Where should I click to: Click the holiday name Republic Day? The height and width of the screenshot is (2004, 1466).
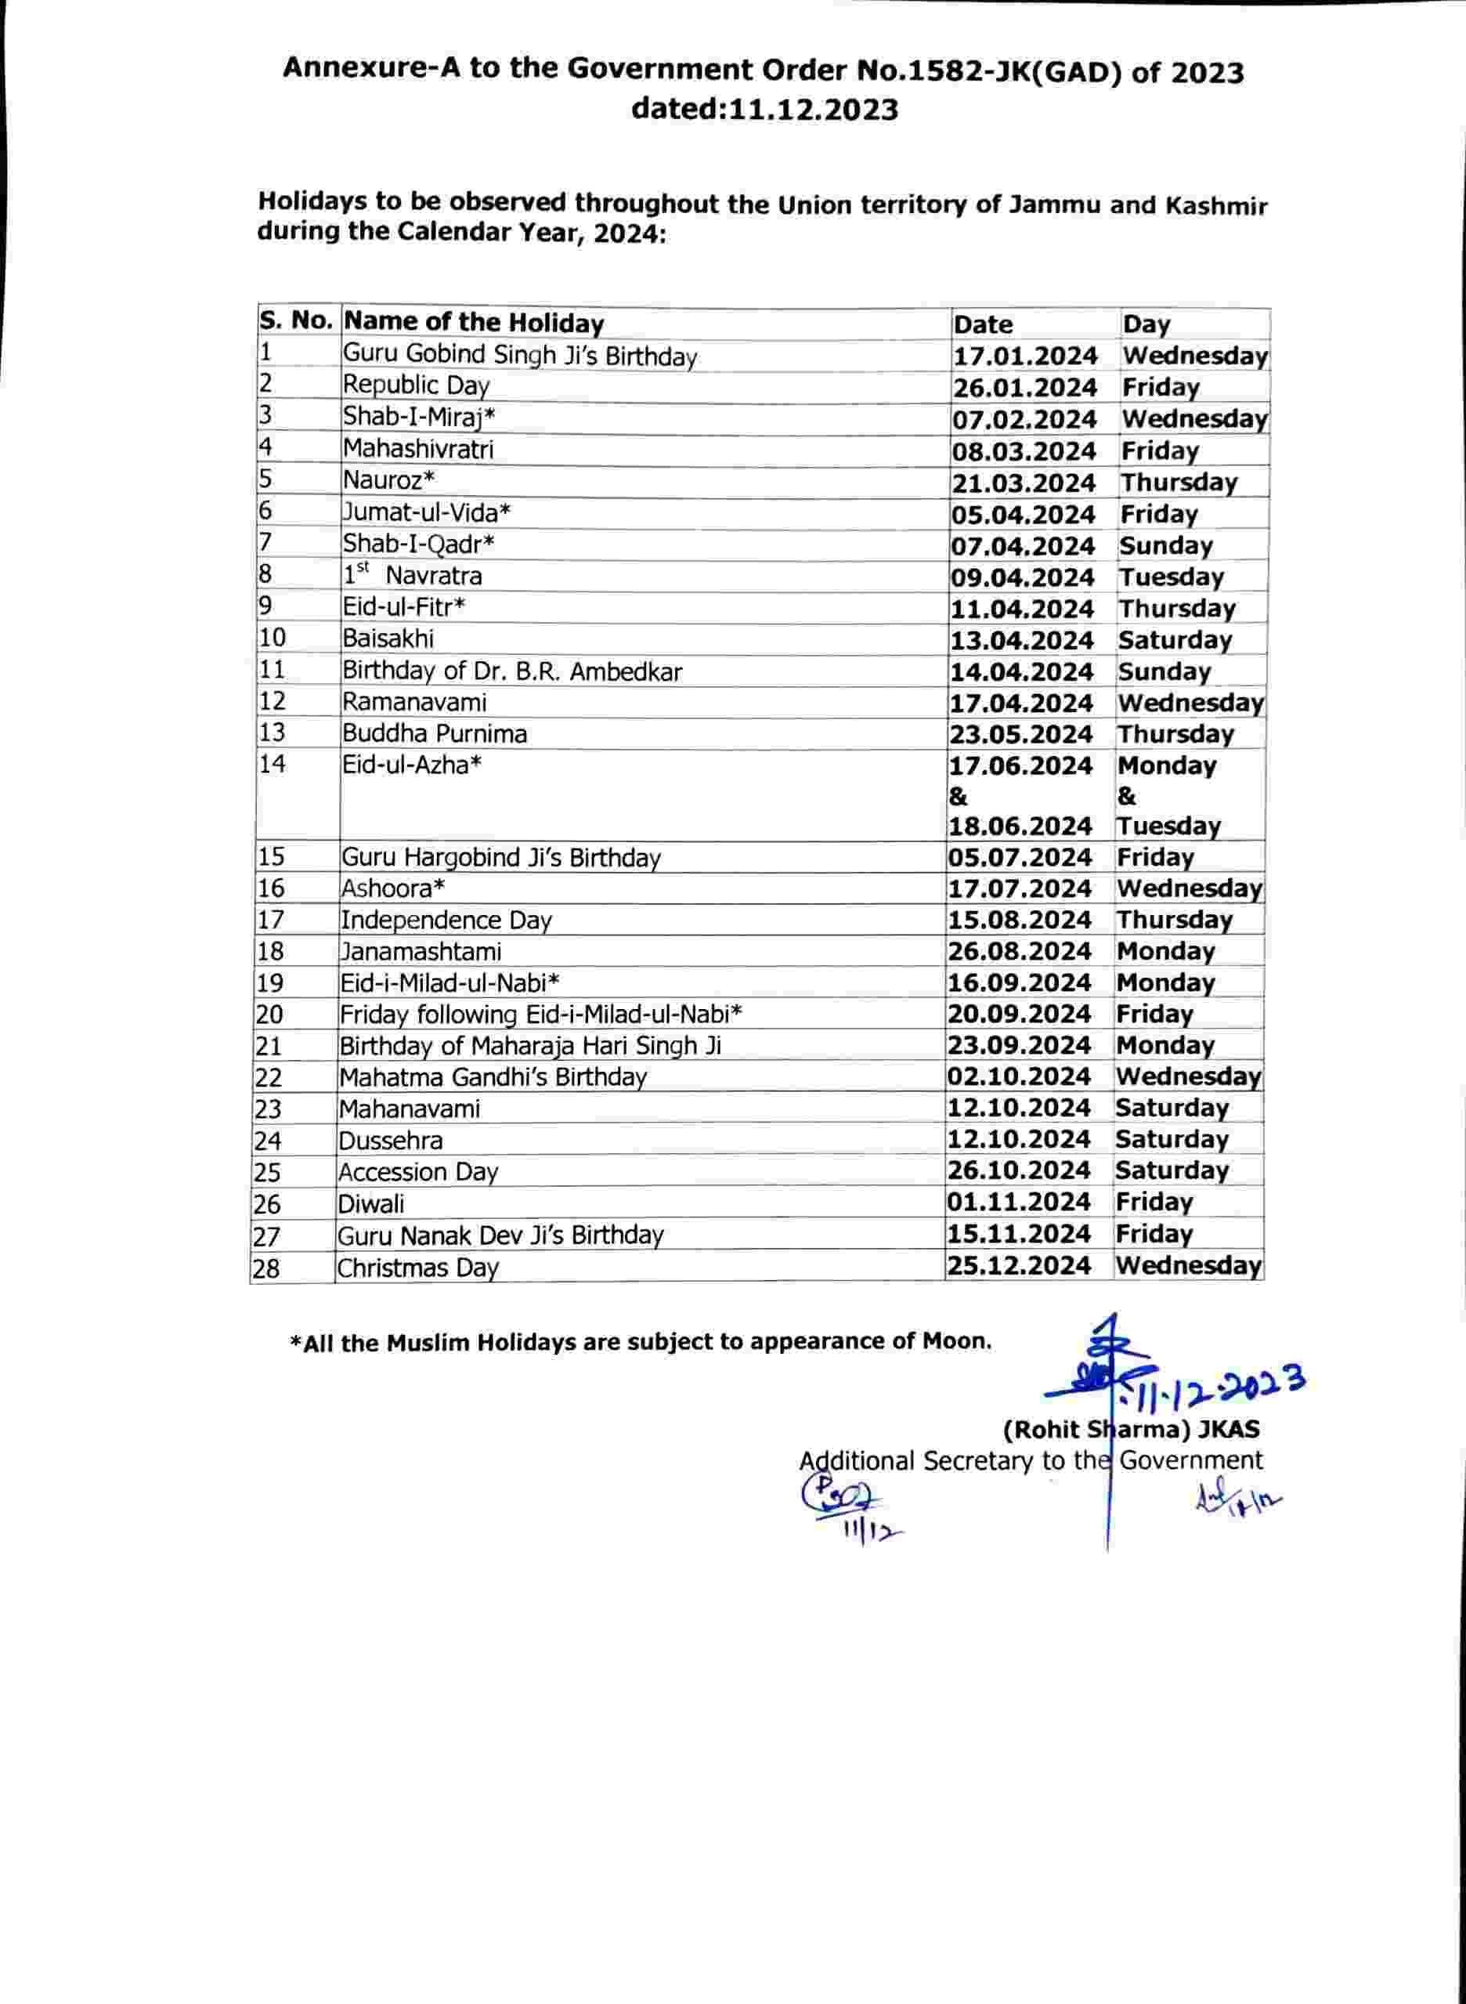[x=416, y=385]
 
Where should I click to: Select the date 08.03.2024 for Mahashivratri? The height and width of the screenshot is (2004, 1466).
[x=1024, y=450]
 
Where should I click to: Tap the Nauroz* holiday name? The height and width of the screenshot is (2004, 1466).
[x=389, y=480]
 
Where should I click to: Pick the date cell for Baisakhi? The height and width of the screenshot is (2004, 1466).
[x=1021, y=640]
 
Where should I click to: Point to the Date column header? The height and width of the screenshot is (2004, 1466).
[x=984, y=324]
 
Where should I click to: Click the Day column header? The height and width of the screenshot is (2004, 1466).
[x=1146, y=324]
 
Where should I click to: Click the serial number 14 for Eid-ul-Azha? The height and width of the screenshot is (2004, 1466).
[x=273, y=763]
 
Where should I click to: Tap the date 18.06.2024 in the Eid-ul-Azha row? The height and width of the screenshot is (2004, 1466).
[x=1020, y=827]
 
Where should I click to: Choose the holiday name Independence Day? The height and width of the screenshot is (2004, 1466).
[x=446, y=921]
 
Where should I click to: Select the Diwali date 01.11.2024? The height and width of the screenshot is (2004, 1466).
[x=1018, y=1202]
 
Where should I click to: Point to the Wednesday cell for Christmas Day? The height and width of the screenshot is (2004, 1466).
[x=1188, y=1265]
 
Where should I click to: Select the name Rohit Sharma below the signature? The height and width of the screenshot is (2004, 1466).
[x=1131, y=1430]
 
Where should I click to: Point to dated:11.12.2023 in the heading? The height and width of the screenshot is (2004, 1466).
[x=764, y=109]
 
